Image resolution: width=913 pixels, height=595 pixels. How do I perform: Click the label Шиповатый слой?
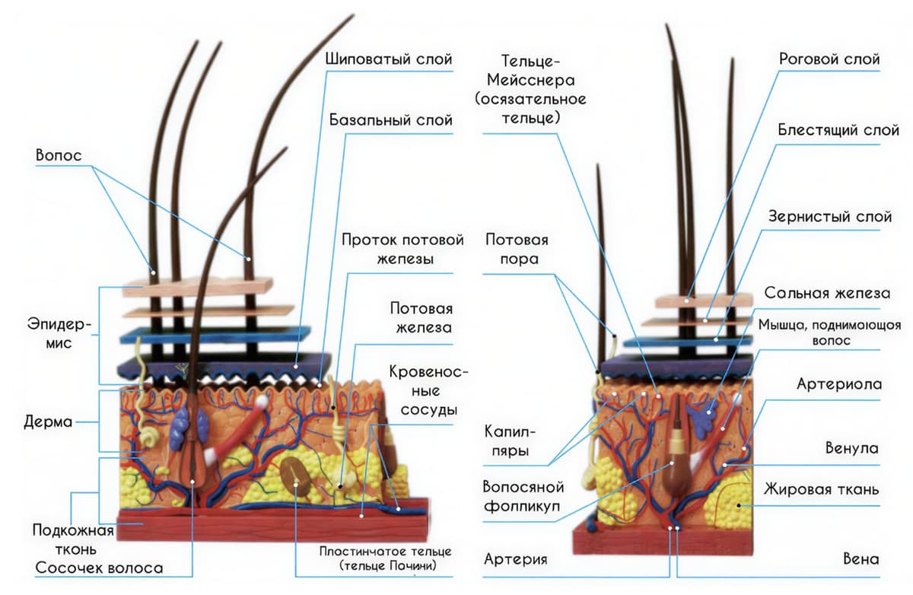(x=389, y=59)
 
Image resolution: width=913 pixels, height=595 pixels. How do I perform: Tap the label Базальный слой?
(x=391, y=119)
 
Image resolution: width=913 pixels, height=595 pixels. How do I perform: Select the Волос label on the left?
(x=59, y=155)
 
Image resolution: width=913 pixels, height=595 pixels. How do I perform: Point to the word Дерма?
(x=48, y=422)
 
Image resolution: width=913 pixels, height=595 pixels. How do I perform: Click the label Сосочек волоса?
(x=99, y=568)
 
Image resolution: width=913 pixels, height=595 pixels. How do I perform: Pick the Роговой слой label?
(x=829, y=59)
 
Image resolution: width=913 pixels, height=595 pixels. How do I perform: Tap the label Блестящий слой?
(x=838, y=130)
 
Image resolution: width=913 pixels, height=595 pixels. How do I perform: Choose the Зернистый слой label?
(x=830, y=216)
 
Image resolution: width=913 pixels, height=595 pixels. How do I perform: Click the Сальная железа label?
(x=827, y=293)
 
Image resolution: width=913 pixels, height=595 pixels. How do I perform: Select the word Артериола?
(x=839, y=384)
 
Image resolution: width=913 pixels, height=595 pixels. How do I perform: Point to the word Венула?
(x=852, y=448)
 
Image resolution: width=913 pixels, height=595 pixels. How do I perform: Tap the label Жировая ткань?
(x=821, y=489)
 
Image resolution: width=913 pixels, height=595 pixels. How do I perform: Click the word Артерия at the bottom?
(x=516, y=559)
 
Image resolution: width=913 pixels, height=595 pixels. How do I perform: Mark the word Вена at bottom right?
(x=861, y=559)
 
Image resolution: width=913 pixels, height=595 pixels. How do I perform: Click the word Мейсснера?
(x=531, y=81)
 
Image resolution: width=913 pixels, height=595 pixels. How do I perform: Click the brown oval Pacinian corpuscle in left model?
(x=296, y=476)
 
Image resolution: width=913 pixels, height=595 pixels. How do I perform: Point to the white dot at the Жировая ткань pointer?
(x=739, y=506)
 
